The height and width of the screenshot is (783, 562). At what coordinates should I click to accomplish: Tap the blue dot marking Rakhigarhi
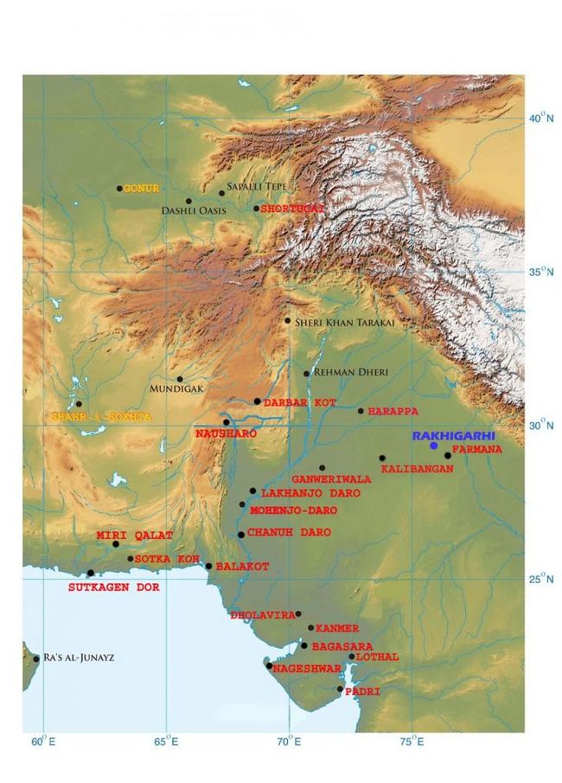pos(434,446)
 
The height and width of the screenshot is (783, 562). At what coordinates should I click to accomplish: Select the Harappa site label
pos(393,411)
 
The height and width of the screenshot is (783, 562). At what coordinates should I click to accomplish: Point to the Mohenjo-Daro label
pos(293,510)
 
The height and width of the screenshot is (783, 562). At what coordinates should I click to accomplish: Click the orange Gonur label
pos(141,188)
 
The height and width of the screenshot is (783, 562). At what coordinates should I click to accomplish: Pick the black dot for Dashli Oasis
pos(188,201)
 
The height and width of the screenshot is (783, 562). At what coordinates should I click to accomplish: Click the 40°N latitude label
pos(540,118)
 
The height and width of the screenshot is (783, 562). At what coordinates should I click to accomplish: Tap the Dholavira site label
pos(263,615)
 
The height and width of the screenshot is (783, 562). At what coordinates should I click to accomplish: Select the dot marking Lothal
pos(351,658)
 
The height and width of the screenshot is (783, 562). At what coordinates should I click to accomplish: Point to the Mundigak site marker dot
pos(180,379)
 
